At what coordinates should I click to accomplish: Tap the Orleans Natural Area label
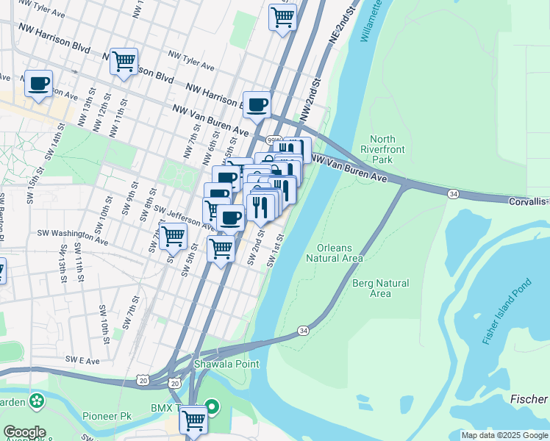point(340,253)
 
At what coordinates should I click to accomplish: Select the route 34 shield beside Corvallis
point(453,193)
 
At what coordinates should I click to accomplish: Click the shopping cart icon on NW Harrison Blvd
point(124,60)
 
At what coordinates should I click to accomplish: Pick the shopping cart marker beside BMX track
point(193,420)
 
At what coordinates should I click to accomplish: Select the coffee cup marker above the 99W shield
point(257,104)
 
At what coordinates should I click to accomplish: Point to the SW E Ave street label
point(82,360)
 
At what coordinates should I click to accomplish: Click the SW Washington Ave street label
point(72,237)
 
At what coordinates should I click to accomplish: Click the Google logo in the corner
point(24,432)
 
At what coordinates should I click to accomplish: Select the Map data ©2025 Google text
point(504,435)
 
